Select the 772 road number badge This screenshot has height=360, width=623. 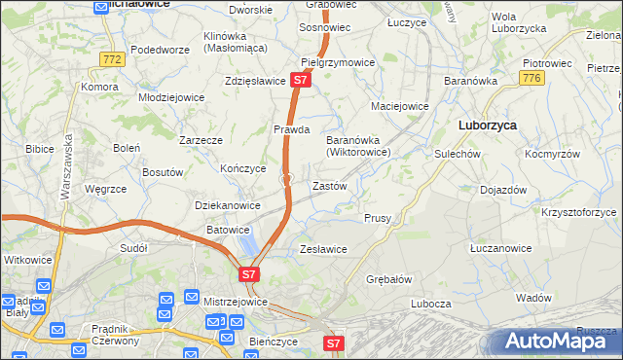point(112,59)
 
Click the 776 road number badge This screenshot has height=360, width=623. point(531,78)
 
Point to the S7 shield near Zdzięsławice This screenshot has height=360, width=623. point(300,81)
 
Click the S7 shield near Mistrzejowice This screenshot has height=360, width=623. point(249,274)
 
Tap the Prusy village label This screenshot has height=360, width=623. point(378,218)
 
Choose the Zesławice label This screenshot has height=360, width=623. point(323,249)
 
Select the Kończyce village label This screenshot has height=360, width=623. point(243,167)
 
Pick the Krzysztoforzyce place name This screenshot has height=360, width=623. point(579,211)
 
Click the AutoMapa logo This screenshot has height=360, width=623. point(557,341)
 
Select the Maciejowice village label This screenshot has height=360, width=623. point(399,105)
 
